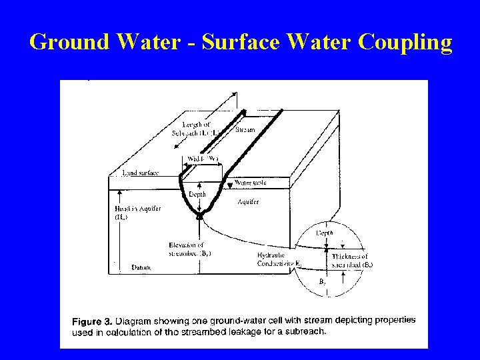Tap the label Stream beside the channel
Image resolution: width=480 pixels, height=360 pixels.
coord(245,129)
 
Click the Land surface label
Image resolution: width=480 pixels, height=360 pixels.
coord(140,173)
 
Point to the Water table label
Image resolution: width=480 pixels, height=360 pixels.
coord(251,182)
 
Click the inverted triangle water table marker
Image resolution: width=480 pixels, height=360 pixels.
coord(229,183)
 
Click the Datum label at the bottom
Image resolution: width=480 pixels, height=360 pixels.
coord(141,267)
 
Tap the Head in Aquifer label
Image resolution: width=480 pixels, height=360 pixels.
coord(134,213)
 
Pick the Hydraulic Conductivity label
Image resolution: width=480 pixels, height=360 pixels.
coord(279,259)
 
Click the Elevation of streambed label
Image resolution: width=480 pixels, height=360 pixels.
coord(190,249)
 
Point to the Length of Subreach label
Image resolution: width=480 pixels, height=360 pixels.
coord(199,129)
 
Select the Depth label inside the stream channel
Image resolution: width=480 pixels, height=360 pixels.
coord(197,194)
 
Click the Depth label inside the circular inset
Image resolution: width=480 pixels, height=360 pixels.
coord(325,233)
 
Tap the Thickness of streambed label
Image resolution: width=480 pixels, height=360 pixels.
coord(352,260)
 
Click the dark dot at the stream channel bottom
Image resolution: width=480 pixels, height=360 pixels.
coord(199,215)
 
